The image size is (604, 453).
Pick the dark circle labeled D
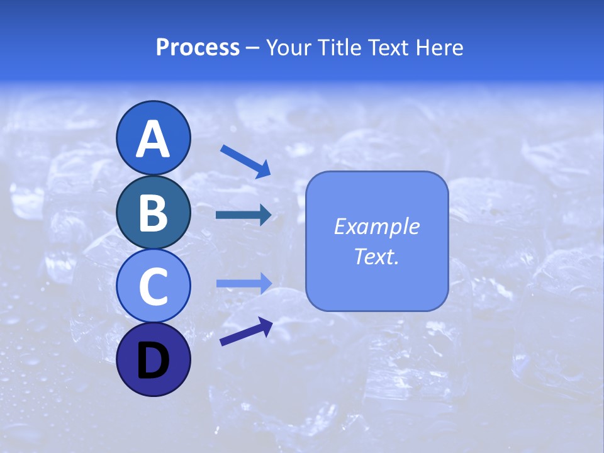[153, 360]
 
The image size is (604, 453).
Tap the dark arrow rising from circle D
[246, 332]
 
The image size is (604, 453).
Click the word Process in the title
[198, 47]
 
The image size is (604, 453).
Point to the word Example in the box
[376, 226]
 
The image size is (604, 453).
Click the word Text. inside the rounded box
[376, 256]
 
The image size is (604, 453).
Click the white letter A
[153, 139]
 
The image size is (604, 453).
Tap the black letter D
[153, 361]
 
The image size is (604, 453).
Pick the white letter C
[153, 287]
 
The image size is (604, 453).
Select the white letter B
[153, 213]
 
